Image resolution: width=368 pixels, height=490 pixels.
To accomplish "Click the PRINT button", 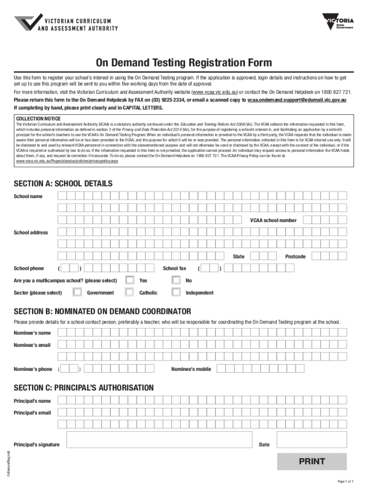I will point(312,462).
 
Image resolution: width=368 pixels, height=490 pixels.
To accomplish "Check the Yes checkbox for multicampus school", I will point(130,280).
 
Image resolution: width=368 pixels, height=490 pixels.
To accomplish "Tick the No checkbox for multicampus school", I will point(176,280).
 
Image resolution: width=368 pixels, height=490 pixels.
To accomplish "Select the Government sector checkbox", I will point(77,292).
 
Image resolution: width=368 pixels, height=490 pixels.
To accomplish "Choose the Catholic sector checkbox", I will point(130,292).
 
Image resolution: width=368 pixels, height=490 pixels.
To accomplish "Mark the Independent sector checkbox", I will point(176,292).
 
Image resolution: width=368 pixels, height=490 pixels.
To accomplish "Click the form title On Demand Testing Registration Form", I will point(184,63).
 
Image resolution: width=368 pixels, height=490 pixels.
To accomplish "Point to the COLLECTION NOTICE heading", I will point(38,118).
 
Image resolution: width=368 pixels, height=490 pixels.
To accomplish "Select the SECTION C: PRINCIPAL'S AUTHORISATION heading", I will point(84,388).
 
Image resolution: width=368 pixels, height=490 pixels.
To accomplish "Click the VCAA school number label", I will point(273,220).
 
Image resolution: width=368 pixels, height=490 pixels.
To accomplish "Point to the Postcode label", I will point(295,256).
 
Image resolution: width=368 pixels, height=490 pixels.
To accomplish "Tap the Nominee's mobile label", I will point(191,369).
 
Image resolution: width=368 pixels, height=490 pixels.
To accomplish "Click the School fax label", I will point(174,268).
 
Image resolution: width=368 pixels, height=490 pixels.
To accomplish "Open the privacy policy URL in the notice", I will point(67,161).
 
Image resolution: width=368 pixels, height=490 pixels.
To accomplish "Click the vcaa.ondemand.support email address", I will point(297,100).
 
